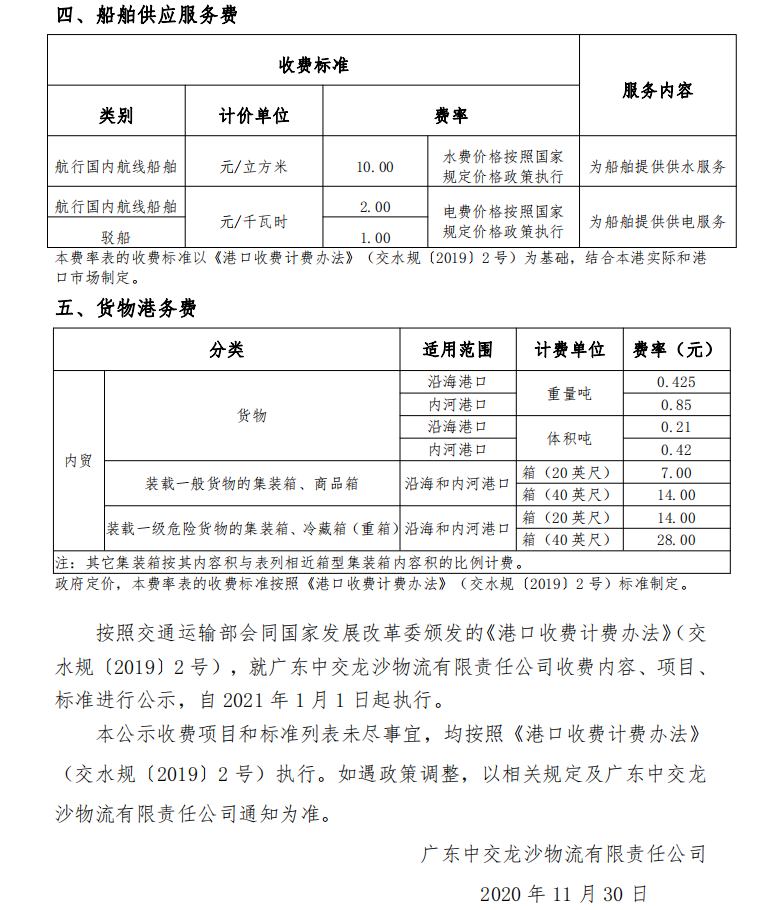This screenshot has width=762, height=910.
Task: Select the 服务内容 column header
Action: (x=657, y=91)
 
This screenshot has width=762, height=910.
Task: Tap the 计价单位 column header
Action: (x=254, y=115)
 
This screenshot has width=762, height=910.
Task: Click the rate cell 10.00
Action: (x=375, y=167)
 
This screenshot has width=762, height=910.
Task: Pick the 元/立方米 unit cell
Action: (x=254, y=167)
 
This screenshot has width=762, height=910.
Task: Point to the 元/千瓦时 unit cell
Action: (x=254, y=221)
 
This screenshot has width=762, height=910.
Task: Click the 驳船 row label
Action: (x=115, y=238)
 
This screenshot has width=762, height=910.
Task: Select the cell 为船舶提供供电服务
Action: (x=657, y=221)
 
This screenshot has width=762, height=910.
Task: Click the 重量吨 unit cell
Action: (x=569, y=393)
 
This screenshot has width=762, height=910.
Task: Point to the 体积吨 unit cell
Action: (x=569, y=439)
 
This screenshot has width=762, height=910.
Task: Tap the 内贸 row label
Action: (x=78, y=461)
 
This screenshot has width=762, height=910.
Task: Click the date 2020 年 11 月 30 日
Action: (x=564, y=891)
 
